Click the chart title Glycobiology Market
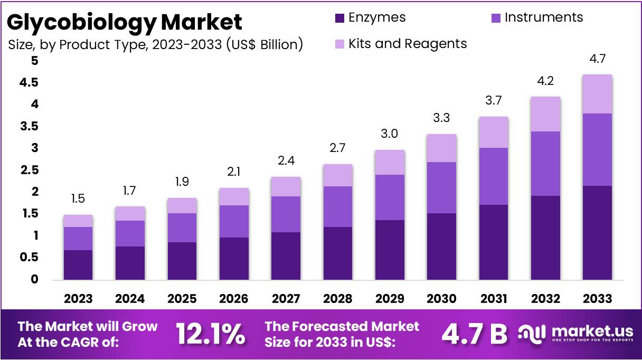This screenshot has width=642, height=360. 125,22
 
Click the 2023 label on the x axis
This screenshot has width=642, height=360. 78,299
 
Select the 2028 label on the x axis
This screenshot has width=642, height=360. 338,299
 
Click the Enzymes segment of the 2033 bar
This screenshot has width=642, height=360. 597,232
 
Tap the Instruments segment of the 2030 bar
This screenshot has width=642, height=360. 441,187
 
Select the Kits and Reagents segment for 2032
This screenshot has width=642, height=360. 545,114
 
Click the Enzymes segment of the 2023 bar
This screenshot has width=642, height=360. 78,264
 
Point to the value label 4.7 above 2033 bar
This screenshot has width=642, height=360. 597,59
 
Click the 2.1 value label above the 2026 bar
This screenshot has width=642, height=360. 234,172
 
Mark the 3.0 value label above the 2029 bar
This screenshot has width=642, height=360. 390,134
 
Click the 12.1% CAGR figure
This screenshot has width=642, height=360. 210,334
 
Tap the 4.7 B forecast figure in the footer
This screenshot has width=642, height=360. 474,334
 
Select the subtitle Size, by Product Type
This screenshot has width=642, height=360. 155,44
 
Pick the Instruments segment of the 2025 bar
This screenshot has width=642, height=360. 182,228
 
